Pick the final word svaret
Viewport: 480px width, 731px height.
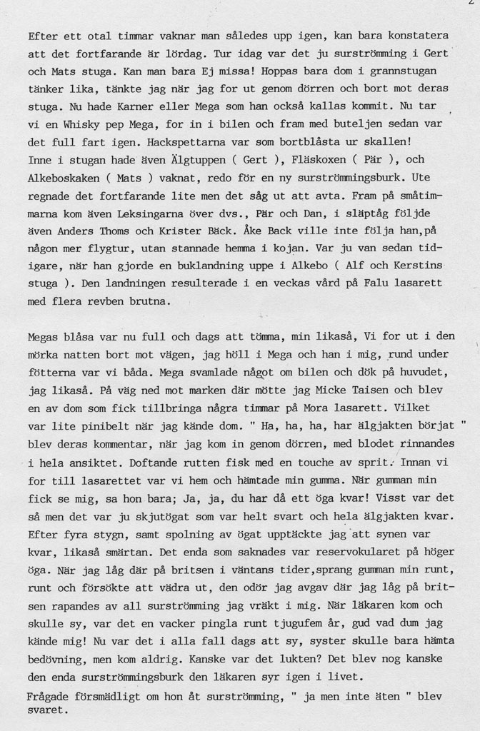click(48, 710)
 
